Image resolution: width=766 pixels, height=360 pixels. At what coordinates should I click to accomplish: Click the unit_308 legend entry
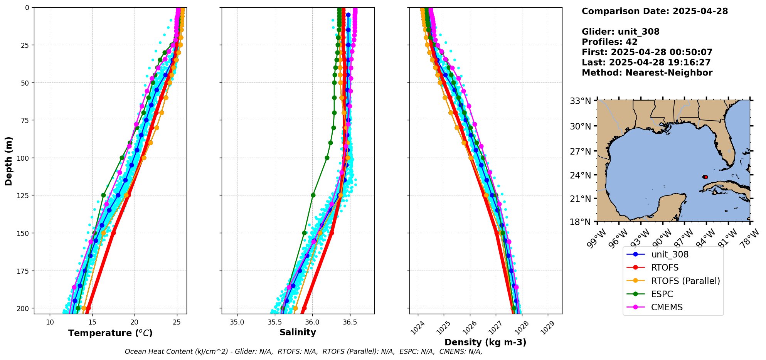click(x=670, y=254)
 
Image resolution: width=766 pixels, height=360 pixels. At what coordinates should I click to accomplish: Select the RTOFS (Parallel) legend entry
click(x=685, y=281)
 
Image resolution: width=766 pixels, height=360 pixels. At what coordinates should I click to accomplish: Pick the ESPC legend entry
click(x=662, y=294)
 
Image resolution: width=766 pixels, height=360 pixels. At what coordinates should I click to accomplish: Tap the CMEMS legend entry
click(x=667, y=307)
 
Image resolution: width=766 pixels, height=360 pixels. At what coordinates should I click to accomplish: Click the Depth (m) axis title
click(x=8, y=161)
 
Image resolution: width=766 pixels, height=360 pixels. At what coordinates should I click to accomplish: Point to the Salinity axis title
click(x=298, y=333)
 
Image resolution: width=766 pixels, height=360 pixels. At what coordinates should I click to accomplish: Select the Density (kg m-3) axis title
click(x=485, y=342)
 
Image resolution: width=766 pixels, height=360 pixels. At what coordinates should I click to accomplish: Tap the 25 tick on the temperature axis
click(x=177, y=322)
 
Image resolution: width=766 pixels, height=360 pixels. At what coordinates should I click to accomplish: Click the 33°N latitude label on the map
click(x=580, y=101)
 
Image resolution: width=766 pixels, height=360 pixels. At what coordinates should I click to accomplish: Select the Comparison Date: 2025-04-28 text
click(x=655, y=11)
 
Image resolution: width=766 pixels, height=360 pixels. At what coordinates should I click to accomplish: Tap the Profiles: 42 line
click(x=609, y=42)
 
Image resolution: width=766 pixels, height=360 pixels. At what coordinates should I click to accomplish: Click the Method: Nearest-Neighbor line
click(x=647, y=73)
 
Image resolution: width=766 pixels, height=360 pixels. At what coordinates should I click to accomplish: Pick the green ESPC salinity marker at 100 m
click(x=327, y=158)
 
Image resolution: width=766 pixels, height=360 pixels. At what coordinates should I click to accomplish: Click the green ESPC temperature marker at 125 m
click(x=103, y=195)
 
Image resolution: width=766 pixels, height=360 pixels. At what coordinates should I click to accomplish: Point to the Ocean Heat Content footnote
click(x=303, y=352)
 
